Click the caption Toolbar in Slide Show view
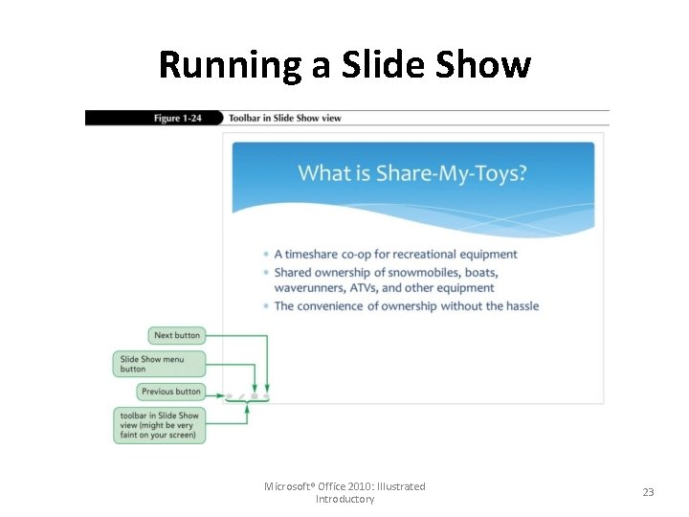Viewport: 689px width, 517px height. pyautogui.click(x=284, y=119)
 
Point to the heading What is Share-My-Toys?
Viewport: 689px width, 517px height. pyautogui.click(x=412, y=173)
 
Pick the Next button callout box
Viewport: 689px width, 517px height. pyautogui.click(x=177, y=335)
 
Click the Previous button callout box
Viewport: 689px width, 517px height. pyautogui.click(x=170, y=391)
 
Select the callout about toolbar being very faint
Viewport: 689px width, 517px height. pyautogui.click(x=160, y=425)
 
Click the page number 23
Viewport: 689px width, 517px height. pyautogui.click(x=648, y=492)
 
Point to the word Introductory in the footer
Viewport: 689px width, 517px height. pyautogui.click(x=344, y=500)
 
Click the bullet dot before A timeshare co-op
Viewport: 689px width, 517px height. pyautogui.click(x=265, y=255)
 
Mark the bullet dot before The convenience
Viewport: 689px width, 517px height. pyautogui.click(x=265, y=306)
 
